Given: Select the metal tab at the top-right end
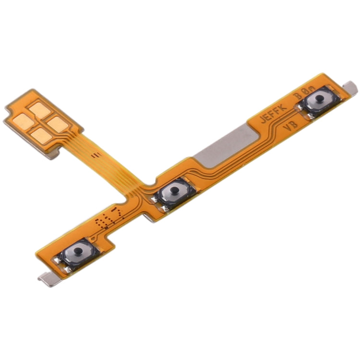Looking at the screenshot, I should tap(351, 86).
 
